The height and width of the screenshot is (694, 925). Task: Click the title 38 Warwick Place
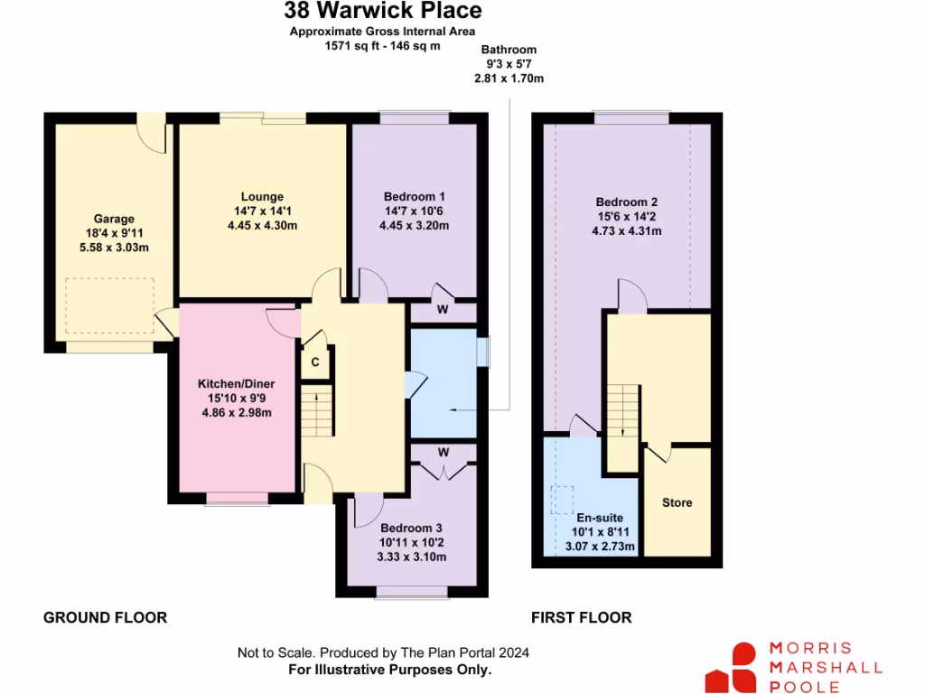point(383,12)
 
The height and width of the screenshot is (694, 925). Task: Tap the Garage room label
point(114,219)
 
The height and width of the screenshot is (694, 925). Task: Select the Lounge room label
point(262,197)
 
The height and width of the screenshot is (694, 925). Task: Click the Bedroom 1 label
point(415,197)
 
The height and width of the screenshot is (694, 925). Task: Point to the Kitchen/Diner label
point(236,384)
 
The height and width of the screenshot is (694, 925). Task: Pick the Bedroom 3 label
point(412,528)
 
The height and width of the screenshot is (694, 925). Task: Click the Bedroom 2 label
point(627,202)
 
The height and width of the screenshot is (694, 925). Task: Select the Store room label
point(677,502)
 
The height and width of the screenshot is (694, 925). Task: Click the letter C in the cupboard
point(315,361)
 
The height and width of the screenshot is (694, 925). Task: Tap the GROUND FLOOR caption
point(106,618)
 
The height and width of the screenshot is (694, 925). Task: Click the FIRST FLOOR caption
point(581,618)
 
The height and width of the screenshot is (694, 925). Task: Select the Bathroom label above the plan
point(509,51)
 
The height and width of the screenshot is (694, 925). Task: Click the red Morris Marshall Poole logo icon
point(731,670)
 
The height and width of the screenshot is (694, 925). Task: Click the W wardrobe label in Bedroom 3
point(444,452)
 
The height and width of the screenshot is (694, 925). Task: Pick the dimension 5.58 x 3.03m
point(114,248)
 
